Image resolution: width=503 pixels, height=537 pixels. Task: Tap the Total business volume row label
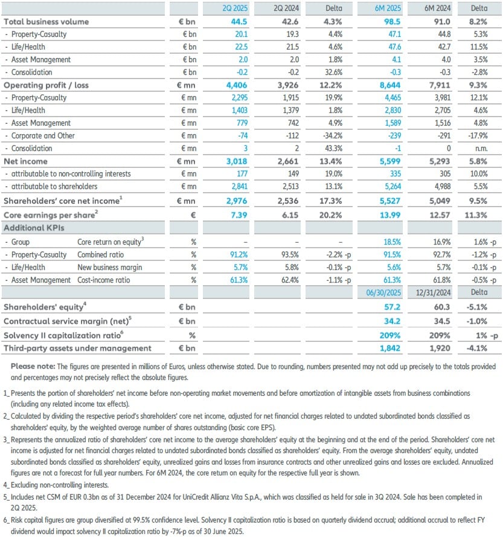(x=46, y=22)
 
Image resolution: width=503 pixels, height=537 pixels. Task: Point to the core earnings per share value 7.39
(x=235, y=215)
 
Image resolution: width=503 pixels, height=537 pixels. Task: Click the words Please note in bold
(x=33, y=367)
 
